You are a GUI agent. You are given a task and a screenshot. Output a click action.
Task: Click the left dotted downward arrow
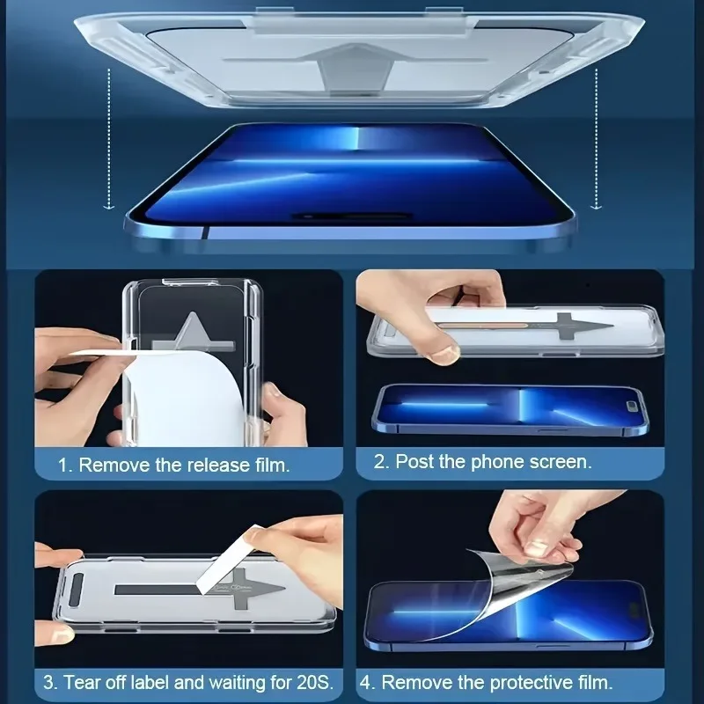pos(108,141)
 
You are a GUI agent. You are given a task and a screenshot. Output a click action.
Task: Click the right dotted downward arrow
pos(597,141)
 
